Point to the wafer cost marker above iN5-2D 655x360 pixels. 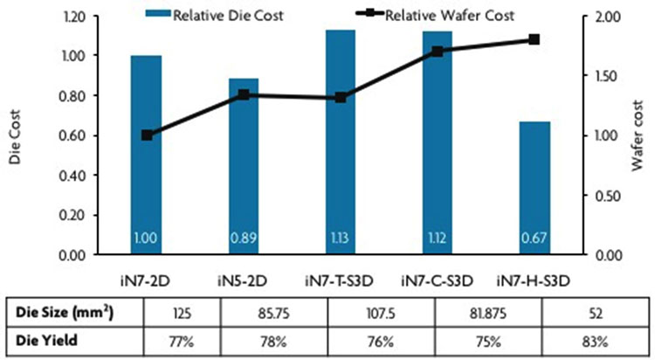[244, 93]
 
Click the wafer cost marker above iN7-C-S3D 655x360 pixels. [438, 51]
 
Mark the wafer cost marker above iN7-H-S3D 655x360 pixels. [534, 39]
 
